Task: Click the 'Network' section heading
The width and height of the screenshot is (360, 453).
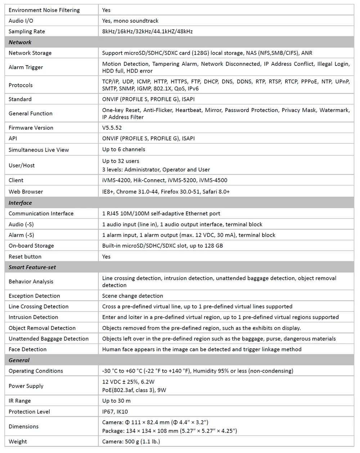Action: [20, 42]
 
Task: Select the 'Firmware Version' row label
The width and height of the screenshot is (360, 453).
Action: [31, 128]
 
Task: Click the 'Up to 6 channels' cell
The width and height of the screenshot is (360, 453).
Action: [123, 149]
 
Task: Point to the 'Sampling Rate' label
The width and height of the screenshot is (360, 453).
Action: [27, 31]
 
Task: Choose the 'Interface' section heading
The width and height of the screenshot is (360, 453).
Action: [20, 203]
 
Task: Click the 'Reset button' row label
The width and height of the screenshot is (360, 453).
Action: [25, 257]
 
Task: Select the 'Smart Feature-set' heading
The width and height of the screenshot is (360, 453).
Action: [32, 267]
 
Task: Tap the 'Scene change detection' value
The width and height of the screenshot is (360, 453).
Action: [132, 296]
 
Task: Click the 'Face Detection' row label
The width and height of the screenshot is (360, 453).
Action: [28, 349]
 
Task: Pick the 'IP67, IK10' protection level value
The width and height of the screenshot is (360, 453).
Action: [115, 412]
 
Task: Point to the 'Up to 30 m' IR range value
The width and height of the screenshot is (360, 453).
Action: [116, 401]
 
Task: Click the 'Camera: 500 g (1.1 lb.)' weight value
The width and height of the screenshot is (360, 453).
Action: [131, 441]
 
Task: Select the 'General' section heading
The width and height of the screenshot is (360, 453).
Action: [19, 360]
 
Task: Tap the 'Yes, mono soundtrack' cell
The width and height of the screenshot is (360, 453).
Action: [130, 21]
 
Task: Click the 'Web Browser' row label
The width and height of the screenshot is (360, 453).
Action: [26, 192]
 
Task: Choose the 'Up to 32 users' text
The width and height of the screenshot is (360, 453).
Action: [121, 161]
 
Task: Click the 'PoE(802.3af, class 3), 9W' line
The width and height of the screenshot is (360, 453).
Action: [134, 390]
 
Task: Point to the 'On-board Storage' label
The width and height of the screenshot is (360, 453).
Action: [31, 246]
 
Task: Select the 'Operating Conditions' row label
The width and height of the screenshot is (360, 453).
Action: [36, 371]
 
